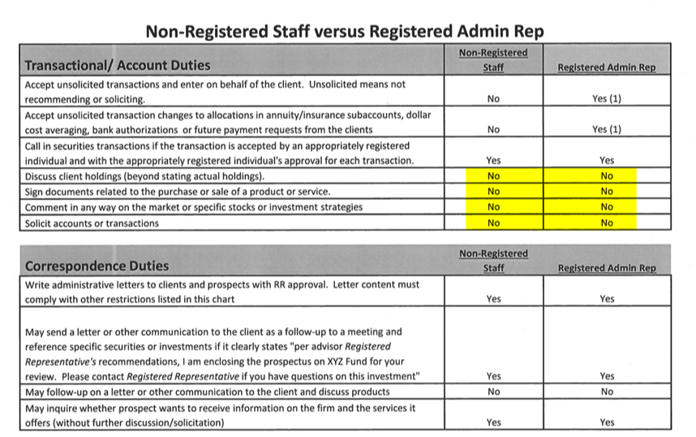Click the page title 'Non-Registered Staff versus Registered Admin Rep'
click(x=344, y=31)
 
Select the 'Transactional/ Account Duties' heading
click(x=118, y=65)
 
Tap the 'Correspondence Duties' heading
click(x=97, y=265)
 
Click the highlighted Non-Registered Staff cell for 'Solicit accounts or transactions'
click(x=493, y=223)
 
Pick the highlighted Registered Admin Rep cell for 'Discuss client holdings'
click(x=607, y=176)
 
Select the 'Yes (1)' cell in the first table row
click(x=607, y=99)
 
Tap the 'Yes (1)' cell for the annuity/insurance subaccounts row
click(x=607, y=130)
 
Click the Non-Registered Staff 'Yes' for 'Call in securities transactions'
click(x=493, y=161)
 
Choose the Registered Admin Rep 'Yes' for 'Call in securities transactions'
click(x=607, y=161)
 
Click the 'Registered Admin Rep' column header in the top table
click(x=606, y=67)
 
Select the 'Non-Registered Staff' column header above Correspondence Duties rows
click(x=493, y=260)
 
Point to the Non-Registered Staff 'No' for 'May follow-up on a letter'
click(x=493, y=392)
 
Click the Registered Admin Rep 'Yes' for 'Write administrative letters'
click(x=607, y=298)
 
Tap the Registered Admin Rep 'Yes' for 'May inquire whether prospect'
click(x=607, y=422)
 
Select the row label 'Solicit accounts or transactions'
click(x=92, y=223)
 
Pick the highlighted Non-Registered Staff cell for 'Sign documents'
click(x=493, y=191)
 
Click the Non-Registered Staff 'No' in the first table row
click(x=493, y=99)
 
